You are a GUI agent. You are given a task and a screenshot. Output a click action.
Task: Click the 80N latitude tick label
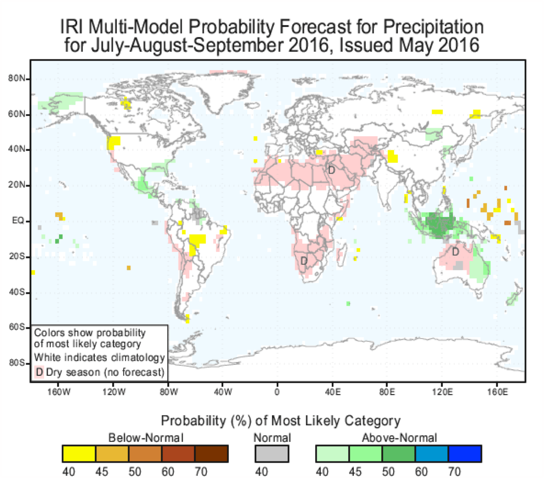[x=16, y=79]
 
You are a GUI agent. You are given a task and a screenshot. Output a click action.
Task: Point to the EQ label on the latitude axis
[x=18, y=221]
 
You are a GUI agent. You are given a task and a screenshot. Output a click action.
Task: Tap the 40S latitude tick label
[x=16, y=293]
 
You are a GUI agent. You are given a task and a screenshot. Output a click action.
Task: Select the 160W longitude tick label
[x=59, y=392]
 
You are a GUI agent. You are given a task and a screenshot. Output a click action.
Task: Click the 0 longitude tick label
[x=277, y=392]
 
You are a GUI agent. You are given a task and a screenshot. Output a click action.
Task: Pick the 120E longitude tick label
[x=442, y=392]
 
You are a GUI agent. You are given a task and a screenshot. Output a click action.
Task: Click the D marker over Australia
[x=455, y=252]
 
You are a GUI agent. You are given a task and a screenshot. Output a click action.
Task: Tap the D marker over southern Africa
[x=304, y=261]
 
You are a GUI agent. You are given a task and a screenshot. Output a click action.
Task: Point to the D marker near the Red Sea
[x=332, y=170]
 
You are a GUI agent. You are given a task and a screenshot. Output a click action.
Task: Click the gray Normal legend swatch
[x=272, y=453]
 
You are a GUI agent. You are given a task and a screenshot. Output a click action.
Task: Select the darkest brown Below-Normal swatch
[x=212, y=453]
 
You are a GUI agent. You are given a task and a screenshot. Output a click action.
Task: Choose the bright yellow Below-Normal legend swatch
[x=79, y=453]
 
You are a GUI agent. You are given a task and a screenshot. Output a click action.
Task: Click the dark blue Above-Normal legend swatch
[x=464, y=453]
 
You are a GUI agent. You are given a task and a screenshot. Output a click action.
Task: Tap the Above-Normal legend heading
[x=399, y=437]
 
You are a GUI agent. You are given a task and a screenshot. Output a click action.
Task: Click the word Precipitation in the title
[x=433, y=27]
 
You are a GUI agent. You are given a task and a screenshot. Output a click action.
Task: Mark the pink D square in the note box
[x=39, y=372]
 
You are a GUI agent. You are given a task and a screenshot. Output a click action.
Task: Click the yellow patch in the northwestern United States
[x=114, y=142]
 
